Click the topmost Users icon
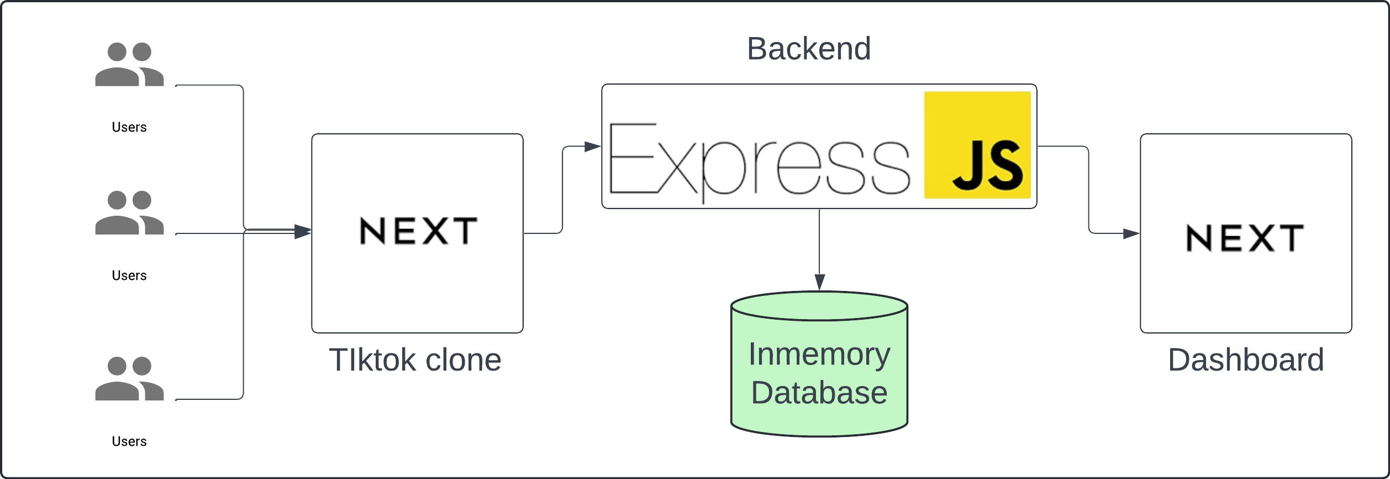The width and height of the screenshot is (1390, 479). point(129,64)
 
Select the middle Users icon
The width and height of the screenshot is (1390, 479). point(129,213)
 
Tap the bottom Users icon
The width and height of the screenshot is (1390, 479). point(129,378)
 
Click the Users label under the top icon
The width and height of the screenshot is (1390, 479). point(129,127)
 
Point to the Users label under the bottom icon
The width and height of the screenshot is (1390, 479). point(129,441)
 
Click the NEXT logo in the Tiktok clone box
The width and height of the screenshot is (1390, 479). point(418,231)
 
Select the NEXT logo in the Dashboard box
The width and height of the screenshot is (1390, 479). point(1245,238)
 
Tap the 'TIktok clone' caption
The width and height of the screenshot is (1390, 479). point(415,360)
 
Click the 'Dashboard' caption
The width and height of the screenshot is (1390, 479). point(1246,360)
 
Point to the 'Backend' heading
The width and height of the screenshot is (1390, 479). point(809,49)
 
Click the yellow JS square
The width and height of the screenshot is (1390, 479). point(977,145)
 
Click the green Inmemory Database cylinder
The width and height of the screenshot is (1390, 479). point(819,364)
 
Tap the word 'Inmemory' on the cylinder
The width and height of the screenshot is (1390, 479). point(819,355)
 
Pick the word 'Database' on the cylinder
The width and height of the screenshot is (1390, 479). point(819,393)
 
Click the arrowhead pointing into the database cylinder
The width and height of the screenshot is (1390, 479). point(820,282)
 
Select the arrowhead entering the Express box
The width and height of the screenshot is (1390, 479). point(593,147)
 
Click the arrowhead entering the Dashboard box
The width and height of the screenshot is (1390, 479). point(1131,233)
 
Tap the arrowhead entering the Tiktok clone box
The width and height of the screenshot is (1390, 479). point(303,231)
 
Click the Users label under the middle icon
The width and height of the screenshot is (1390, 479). point(129,275)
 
